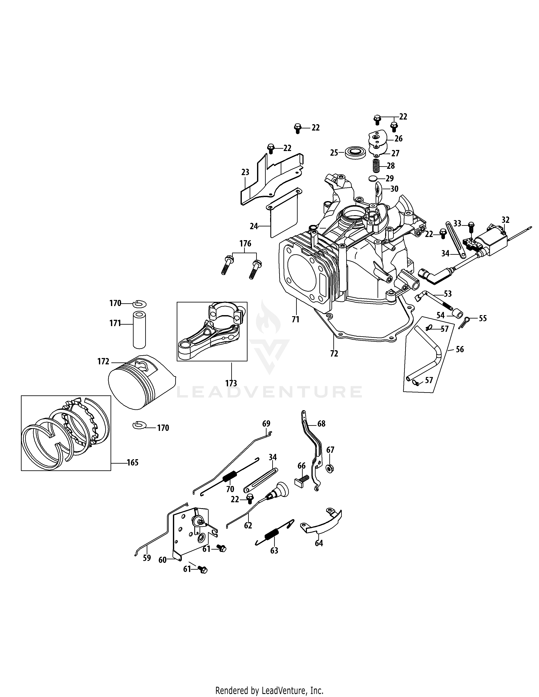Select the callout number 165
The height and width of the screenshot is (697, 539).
pos(133,462)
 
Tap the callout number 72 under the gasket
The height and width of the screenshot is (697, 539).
pos(334,354)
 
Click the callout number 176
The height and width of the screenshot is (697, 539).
pos(245,244)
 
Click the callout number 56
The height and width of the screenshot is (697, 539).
pos(460,349)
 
